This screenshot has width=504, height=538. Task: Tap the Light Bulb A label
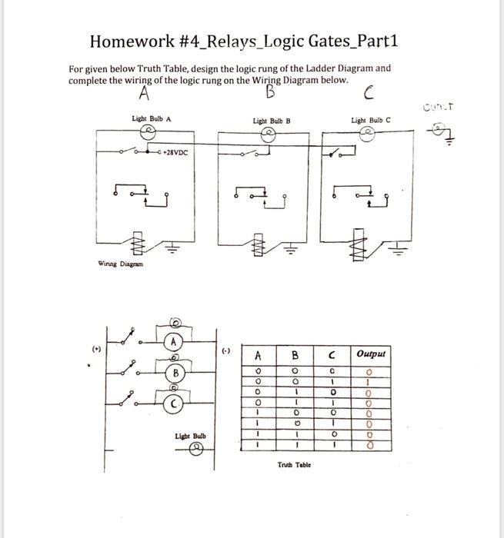152,118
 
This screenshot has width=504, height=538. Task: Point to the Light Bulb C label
371,120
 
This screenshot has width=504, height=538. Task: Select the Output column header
371,354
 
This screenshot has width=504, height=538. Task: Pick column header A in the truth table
259,355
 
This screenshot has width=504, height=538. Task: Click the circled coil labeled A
175,341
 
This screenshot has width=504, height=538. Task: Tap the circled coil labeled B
176,374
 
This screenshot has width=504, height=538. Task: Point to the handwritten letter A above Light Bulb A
144,94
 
